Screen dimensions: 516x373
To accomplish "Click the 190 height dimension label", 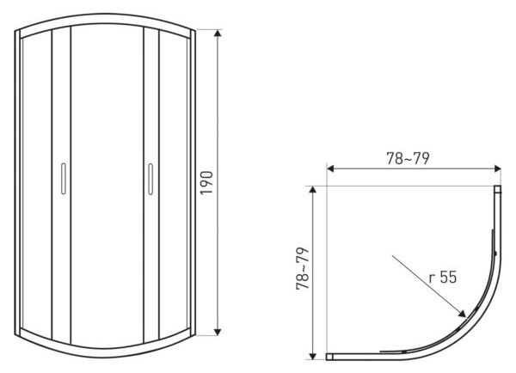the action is pyautogui.click(x=206, y=183).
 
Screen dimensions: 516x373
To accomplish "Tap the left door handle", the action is pyautogui.click(x=64, y=179).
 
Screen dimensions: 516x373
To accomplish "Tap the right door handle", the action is pyautogui.click(x=150, y=180).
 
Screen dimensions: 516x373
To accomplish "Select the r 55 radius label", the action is pyautogui.click(x=443, y=277).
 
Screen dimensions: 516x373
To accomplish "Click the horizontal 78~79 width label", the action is pyautogui.click(x=408, y=158).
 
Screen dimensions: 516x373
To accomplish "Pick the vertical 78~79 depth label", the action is pyautogui.click(x=303, y=268).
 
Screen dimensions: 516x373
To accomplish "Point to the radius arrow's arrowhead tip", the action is pyautogui.click(x=465, y=316).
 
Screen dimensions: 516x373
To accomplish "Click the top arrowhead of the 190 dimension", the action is pyautogui.click(x=218, y=30).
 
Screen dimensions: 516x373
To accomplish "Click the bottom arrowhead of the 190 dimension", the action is pyautogui.click(x=218, y=335).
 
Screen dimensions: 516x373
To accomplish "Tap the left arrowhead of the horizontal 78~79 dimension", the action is pyautogui.click(x=328, y=168).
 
